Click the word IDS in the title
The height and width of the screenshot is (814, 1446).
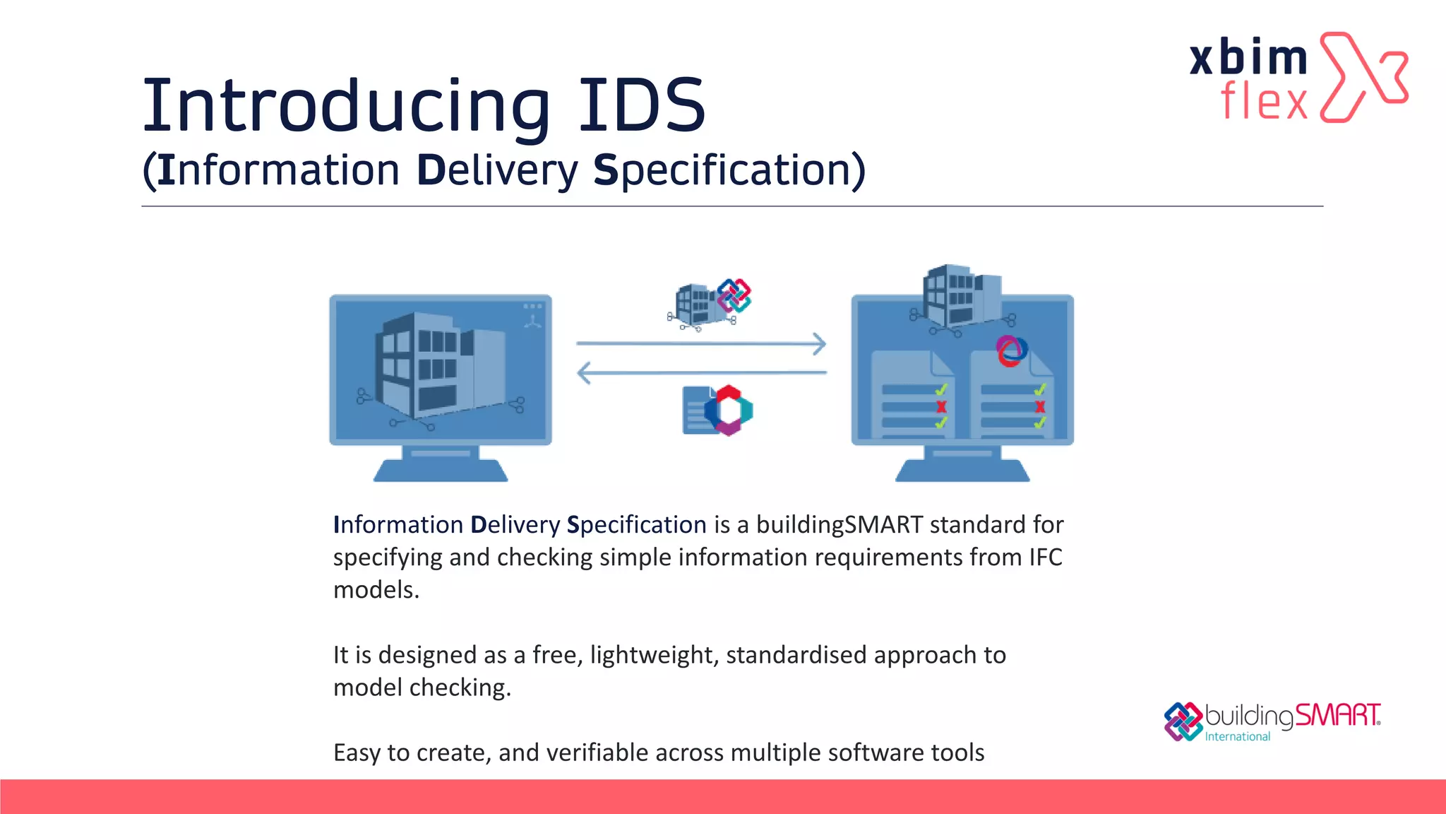pos(641,106)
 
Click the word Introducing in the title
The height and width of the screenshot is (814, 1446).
pos(346,106)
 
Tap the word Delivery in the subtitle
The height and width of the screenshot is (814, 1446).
pos(497,170)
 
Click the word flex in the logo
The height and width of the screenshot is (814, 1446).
pos(1264,101)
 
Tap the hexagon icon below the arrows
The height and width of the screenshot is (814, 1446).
pos(729,410)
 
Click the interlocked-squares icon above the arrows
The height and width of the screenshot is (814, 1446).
pos(734,295)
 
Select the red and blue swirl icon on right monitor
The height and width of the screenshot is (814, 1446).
pos(1011,350)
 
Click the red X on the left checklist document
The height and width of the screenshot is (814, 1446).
pos(941,406)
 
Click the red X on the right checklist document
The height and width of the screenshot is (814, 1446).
pos(1039,406)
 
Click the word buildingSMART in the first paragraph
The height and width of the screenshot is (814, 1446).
pos(839,525)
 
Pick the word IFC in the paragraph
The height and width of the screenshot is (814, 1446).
pos(1045,558)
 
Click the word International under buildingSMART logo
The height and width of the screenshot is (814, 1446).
pos(1237,736)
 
